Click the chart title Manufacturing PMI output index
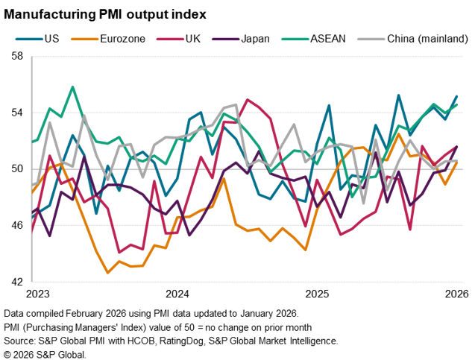[x=105, y=13]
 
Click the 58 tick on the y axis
[x=17, y=57]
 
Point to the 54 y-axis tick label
[x=17, y=113]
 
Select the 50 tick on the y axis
[x=17, y=169]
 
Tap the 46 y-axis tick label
[x=17, y=225]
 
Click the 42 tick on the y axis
[x=17, y=282]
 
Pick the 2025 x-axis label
[x=317, y=294]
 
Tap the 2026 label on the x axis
[x=456, y=294]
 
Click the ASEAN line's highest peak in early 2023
[x=73, y=86]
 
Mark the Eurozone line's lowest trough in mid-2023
[x=109, y=273]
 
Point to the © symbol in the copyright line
[x=8, y=353]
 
